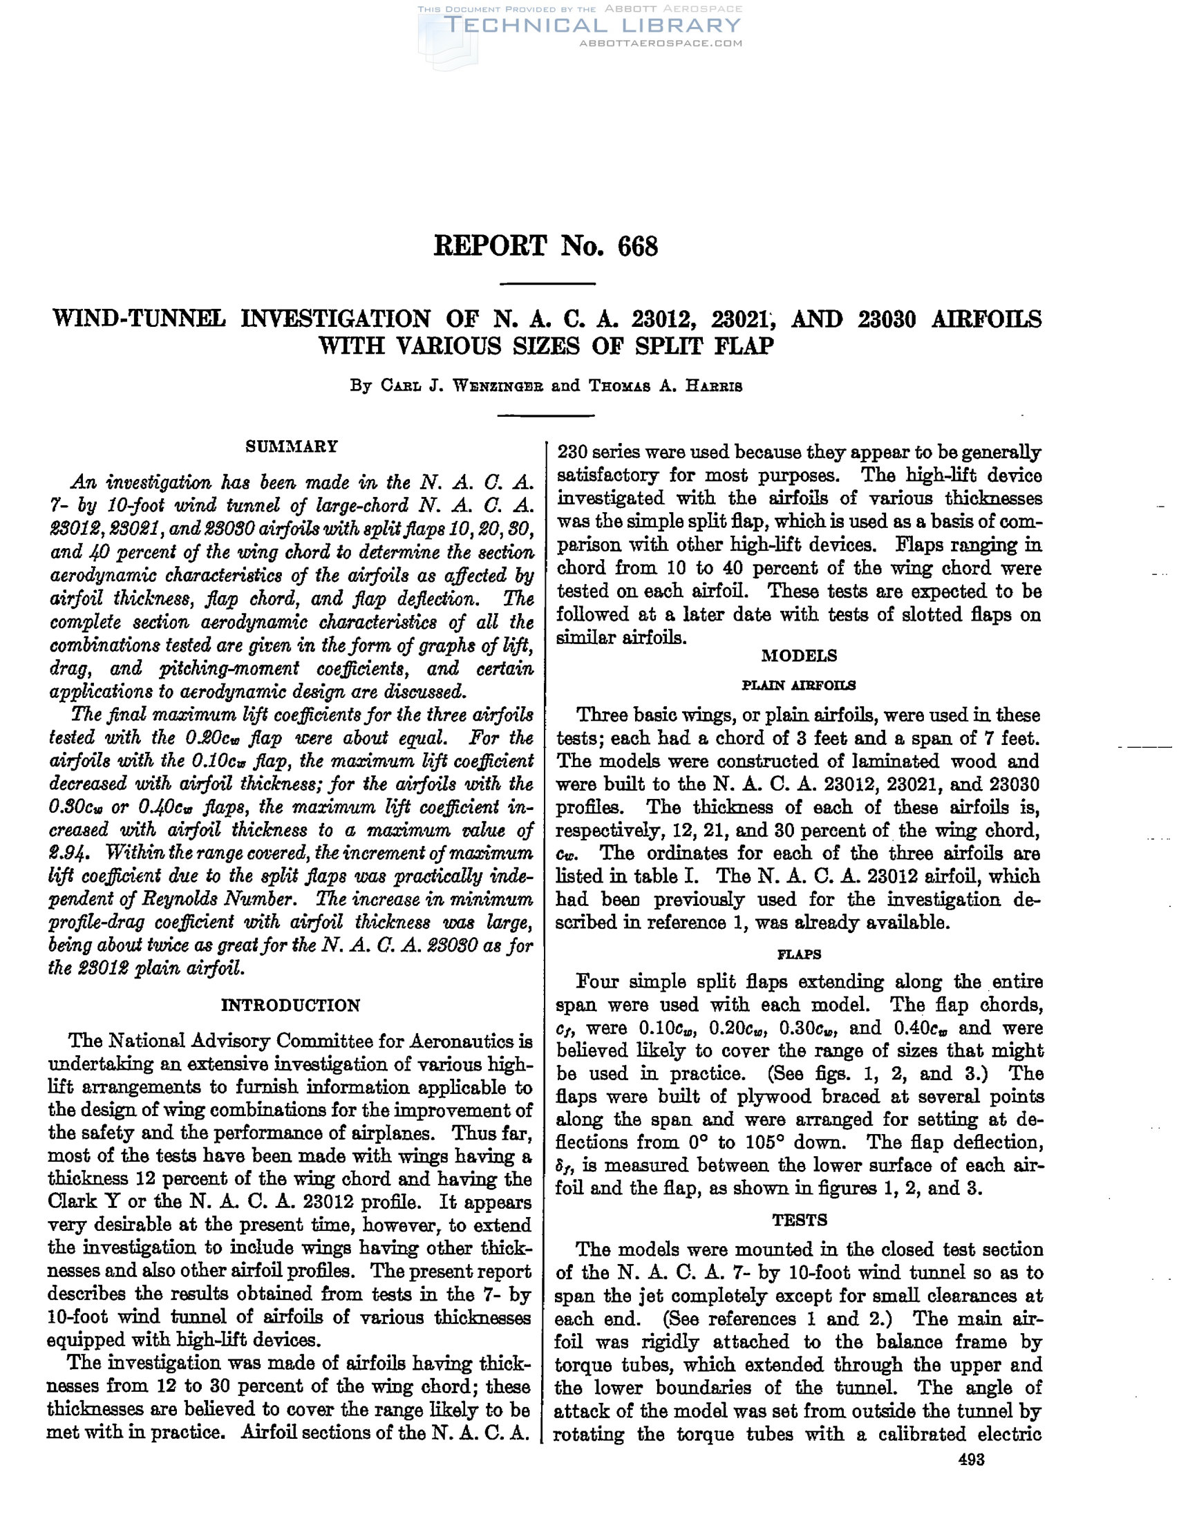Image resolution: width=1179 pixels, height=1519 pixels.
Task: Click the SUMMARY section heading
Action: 292,446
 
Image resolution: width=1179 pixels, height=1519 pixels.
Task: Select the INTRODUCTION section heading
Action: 291,1005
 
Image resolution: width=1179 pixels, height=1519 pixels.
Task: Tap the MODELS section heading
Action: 799,656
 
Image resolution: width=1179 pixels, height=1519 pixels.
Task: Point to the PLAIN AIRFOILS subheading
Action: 799,685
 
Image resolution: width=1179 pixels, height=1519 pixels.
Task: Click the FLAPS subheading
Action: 799,954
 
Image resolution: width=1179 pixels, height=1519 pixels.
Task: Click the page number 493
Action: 971,1460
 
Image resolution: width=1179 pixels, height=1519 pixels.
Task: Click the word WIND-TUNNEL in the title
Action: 139,319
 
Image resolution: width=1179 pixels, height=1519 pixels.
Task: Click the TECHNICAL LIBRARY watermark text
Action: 592,26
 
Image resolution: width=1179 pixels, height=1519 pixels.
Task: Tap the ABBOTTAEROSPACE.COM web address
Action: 661,43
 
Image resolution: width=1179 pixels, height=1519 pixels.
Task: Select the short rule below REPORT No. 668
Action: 547,284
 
